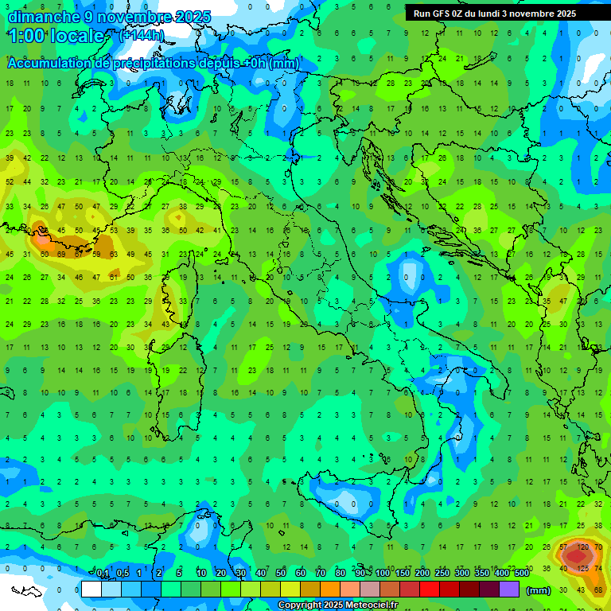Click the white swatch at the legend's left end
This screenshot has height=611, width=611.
click(x=91, y=590)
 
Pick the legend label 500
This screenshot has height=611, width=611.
click(x=521, y=573)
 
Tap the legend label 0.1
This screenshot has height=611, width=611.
click(x=103, y=573)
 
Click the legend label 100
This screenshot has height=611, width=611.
click(x=383, y=573)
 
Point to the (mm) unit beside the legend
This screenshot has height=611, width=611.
click(x=539, y=590)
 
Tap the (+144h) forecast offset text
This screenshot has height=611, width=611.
click(x=142, y=36)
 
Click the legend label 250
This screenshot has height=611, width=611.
click(x=442, y=573)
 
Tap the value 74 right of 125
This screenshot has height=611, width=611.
click(x=599, y=568)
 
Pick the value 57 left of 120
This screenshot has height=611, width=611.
click(x=563, y=547)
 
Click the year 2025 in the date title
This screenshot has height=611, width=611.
click(x=192, y=17)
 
